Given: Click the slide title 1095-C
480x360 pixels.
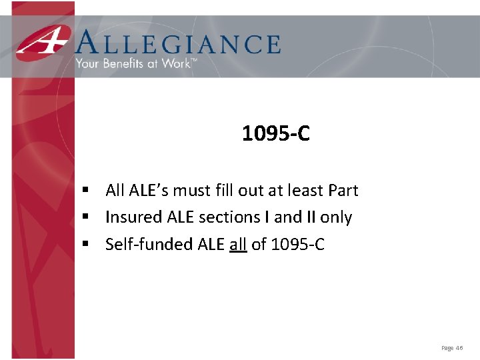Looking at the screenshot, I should click(x=276, y=134).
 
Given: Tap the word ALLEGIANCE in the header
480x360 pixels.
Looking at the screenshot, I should click(x=178, y=44).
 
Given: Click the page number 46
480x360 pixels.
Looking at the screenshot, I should click(x=459, y=348).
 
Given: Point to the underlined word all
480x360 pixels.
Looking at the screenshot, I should click(x=238, y=244).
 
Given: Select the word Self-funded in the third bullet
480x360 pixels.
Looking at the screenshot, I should click(x=149, y=244).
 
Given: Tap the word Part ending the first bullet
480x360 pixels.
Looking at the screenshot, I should click(x=343, y=191).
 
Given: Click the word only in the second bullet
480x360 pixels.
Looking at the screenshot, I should click(x=336, y=217).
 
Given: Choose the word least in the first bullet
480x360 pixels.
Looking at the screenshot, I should click(x=305, y=191).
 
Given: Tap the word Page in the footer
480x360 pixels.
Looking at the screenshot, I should click(x=447, y=348).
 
